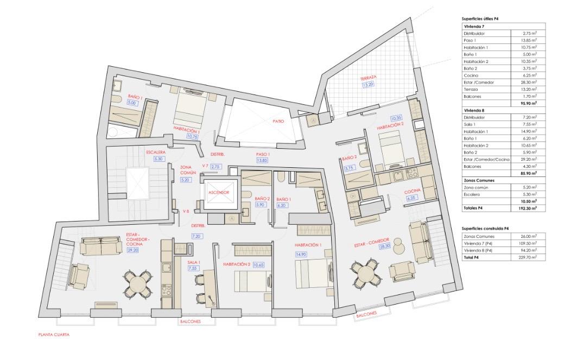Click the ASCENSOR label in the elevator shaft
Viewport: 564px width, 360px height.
219,192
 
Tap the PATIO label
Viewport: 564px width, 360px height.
278,121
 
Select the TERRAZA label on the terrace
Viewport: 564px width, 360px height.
369,78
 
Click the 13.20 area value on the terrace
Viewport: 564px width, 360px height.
367,85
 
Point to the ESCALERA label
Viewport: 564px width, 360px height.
156,152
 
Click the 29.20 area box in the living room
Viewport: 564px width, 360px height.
133,250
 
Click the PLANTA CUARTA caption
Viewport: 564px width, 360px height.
54,334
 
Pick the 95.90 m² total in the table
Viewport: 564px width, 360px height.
530,103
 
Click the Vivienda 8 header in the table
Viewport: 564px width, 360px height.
474,110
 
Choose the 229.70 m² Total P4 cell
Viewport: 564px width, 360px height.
529,257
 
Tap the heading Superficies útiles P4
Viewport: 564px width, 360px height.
480,18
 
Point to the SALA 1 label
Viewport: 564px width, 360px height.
194,262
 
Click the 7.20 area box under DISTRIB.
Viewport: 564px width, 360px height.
196,236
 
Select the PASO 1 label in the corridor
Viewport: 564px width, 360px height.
263,154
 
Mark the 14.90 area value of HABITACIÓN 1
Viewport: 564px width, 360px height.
301,254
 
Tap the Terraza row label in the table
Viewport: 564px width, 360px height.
471,89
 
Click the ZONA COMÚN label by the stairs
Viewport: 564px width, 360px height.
188,170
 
